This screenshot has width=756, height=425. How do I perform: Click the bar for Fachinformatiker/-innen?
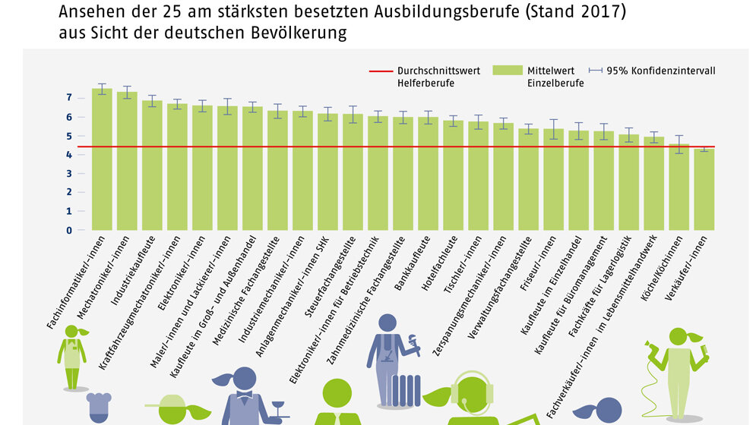pos(102,159)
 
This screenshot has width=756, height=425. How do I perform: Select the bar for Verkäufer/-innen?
pos(704,190)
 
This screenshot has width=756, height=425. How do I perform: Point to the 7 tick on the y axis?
pos(69,98)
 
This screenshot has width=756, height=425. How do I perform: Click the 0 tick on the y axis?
pos(69,230)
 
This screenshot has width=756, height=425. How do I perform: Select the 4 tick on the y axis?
pos(69,155)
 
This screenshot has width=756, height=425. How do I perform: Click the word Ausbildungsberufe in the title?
pos(438,13)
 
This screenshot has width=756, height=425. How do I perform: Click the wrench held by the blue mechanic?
pos(413,342)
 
